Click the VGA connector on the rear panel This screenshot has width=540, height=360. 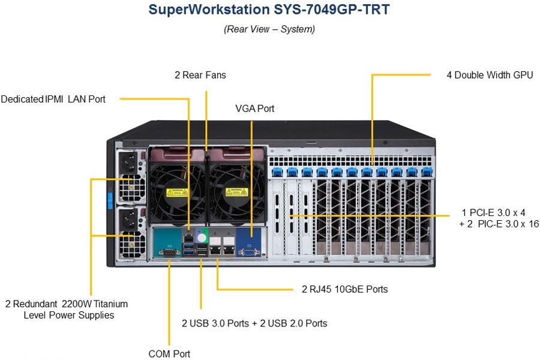(248, 253)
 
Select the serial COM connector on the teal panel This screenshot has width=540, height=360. (169, 253)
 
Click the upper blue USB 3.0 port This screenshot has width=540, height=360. (188, 246)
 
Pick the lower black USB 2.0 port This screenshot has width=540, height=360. (202, 253)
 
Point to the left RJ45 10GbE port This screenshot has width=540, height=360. (215, 250)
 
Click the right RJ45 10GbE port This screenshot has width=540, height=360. (229, 250)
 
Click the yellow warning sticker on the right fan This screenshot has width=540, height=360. (236, 191)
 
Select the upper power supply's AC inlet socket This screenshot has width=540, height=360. (128, 161)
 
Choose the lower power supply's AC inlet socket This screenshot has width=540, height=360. (129, 218)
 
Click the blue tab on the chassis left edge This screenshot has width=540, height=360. (110, 201)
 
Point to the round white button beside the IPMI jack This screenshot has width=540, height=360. (202, 238)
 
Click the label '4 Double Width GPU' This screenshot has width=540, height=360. (490, 75)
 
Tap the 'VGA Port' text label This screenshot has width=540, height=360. (255, 109)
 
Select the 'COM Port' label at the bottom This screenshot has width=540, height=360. (169, 354)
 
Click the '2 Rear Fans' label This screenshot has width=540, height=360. (200, 75)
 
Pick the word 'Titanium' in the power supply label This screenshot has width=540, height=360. (110, 304)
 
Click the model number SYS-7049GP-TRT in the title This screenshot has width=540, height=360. (332, 10)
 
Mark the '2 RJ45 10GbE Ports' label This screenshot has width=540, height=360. (345, 289)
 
